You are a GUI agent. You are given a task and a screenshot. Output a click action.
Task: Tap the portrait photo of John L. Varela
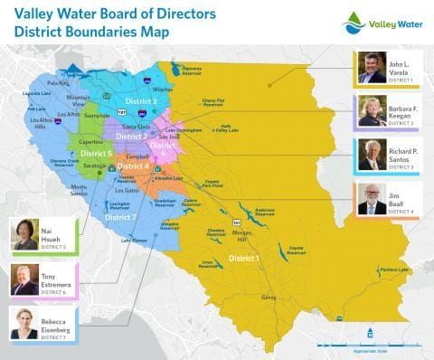coord(372,68)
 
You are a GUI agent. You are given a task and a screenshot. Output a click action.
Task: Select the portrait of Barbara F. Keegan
coord(372,111)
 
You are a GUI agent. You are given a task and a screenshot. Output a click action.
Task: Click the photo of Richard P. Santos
coord(372,156)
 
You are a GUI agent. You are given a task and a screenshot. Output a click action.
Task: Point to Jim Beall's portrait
coord(372,199)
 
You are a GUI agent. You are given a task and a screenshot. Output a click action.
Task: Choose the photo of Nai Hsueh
coord(24,234)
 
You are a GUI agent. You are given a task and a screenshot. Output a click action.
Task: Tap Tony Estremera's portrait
coord(24,279)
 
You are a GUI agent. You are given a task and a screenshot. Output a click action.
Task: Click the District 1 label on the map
coord(243,259)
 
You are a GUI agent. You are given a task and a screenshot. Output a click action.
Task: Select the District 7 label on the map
coord(120,218)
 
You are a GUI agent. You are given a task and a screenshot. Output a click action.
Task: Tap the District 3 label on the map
coord(141,101)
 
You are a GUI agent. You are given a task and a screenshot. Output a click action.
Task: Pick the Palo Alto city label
coord(57,82)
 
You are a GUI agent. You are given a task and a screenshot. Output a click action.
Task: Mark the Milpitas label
coord(163,90)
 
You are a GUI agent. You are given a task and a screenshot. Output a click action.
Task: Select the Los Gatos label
coord(127,191)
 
